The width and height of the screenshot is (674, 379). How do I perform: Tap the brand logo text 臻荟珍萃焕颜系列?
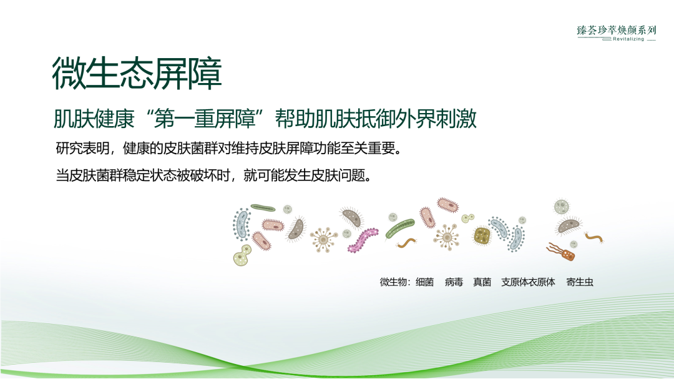coord(617,29)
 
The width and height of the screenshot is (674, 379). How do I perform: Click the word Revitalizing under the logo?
coord(628,39)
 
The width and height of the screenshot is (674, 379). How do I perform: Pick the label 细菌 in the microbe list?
coord(424,282)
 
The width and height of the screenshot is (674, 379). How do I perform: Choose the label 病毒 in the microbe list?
coord(454,282)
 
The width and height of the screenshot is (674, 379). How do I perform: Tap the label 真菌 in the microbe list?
coord(482,282)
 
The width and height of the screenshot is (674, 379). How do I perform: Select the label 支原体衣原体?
coord(528,282)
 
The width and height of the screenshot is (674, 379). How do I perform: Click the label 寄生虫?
coord(580,282)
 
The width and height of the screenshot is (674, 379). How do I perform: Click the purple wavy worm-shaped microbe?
coord(363,239)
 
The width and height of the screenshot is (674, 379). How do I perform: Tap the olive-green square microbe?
coord(482,235)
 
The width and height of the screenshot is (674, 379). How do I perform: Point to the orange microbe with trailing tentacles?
coord(560,251)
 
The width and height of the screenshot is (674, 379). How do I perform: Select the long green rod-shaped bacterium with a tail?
coord(400,229)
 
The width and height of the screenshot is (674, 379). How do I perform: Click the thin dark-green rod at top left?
coord(263,207)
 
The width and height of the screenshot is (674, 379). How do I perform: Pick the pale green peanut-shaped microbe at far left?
coord(241,255)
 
